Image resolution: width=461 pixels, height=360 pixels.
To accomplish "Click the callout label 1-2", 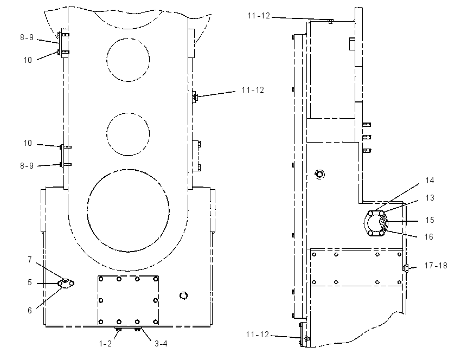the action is point(105,343).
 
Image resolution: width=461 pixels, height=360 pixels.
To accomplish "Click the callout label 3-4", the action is point(161,343).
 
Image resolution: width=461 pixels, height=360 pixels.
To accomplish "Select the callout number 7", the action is point(30,260).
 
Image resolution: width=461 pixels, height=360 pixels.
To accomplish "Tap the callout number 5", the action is point(30,282).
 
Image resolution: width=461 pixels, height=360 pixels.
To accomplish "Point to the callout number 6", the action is point(30,310).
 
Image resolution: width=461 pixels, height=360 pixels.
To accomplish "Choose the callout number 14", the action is point(430,180).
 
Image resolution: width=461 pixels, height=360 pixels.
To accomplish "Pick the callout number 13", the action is point(430,197).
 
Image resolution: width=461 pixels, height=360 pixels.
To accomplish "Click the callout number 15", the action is point(430,220).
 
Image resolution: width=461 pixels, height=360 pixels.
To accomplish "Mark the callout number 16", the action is point(429,236).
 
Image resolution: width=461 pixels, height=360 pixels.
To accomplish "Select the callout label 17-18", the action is point(436,265).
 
